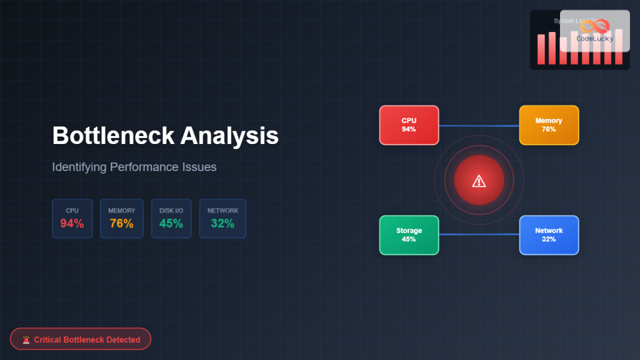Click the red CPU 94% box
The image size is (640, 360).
[x=409, y=125]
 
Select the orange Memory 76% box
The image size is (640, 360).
[x=549, y=125]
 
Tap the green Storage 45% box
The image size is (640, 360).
[x=409, y=235]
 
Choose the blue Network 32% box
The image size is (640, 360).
[x=549, y=235]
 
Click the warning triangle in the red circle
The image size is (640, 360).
[x=479, y=181]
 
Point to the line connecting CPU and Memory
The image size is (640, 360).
[x=479, y=126]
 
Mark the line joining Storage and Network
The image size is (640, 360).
[x=479, y=234]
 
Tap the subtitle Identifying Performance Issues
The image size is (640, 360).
[x=134, y=167]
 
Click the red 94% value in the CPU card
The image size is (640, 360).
[x=72, y=223]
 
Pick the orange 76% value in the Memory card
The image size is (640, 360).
[x=122, y=223]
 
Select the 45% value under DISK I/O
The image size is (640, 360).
[x=171, y=223]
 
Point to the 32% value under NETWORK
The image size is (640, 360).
[x=222, y=223]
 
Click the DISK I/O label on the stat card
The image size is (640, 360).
[x=171, y=211]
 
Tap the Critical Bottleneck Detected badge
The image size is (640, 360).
[x=81, y=339]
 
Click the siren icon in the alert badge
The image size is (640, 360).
[x=26, y=339]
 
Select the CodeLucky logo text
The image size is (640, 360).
[x=595, y=38]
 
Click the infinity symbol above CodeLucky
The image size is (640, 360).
[x=595, y=26]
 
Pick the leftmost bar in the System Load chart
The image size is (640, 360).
[x=541, y=50]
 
